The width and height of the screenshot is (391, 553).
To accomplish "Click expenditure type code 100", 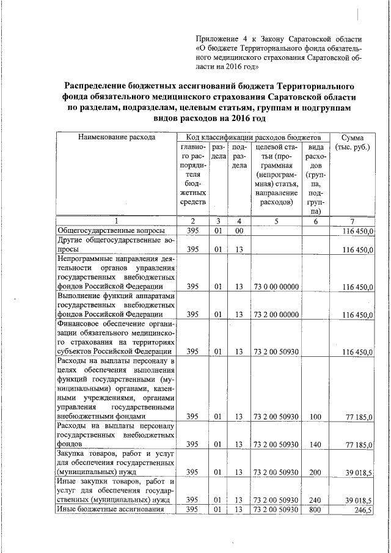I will (316, 416).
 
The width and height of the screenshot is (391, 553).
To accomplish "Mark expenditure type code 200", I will (316, 472).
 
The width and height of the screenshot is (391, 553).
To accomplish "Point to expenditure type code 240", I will (316, 500).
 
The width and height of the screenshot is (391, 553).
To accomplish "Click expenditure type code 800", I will (316, 510).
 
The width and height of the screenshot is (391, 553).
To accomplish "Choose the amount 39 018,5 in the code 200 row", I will (358, 472).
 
